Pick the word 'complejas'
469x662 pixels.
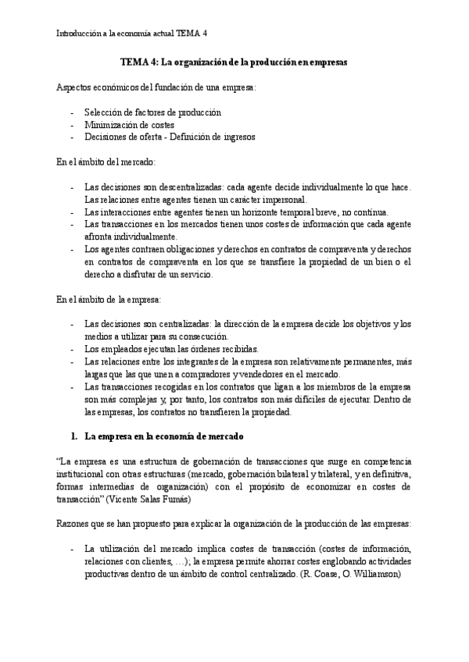coord(147,399)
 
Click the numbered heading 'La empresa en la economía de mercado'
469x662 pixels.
coord(163,436)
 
